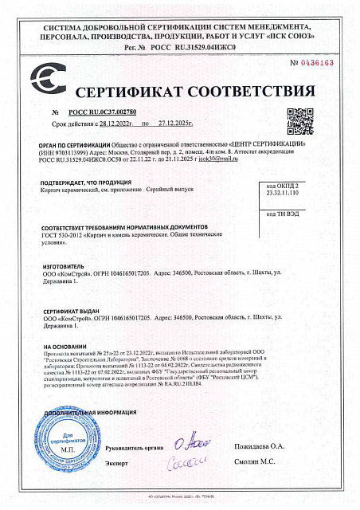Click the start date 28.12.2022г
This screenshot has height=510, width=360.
117,125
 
